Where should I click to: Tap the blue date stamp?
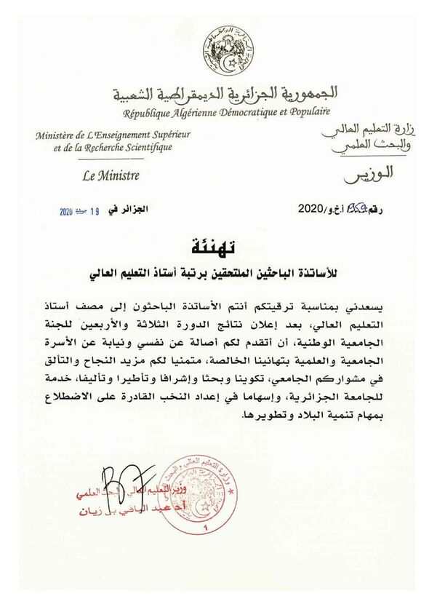click(80, 210)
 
